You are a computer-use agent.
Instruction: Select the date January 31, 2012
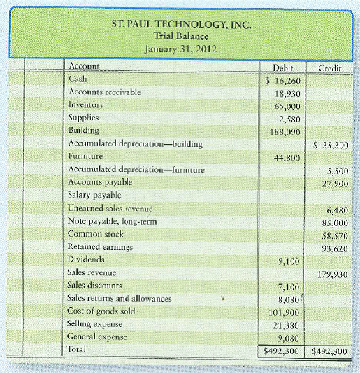tap(180, 50)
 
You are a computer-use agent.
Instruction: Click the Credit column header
tap(329, 69)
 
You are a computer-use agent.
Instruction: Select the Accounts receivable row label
tap(103, 92)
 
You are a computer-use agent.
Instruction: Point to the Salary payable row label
tap(94, 195)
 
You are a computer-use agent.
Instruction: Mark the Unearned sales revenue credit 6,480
tap(334, 209)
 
